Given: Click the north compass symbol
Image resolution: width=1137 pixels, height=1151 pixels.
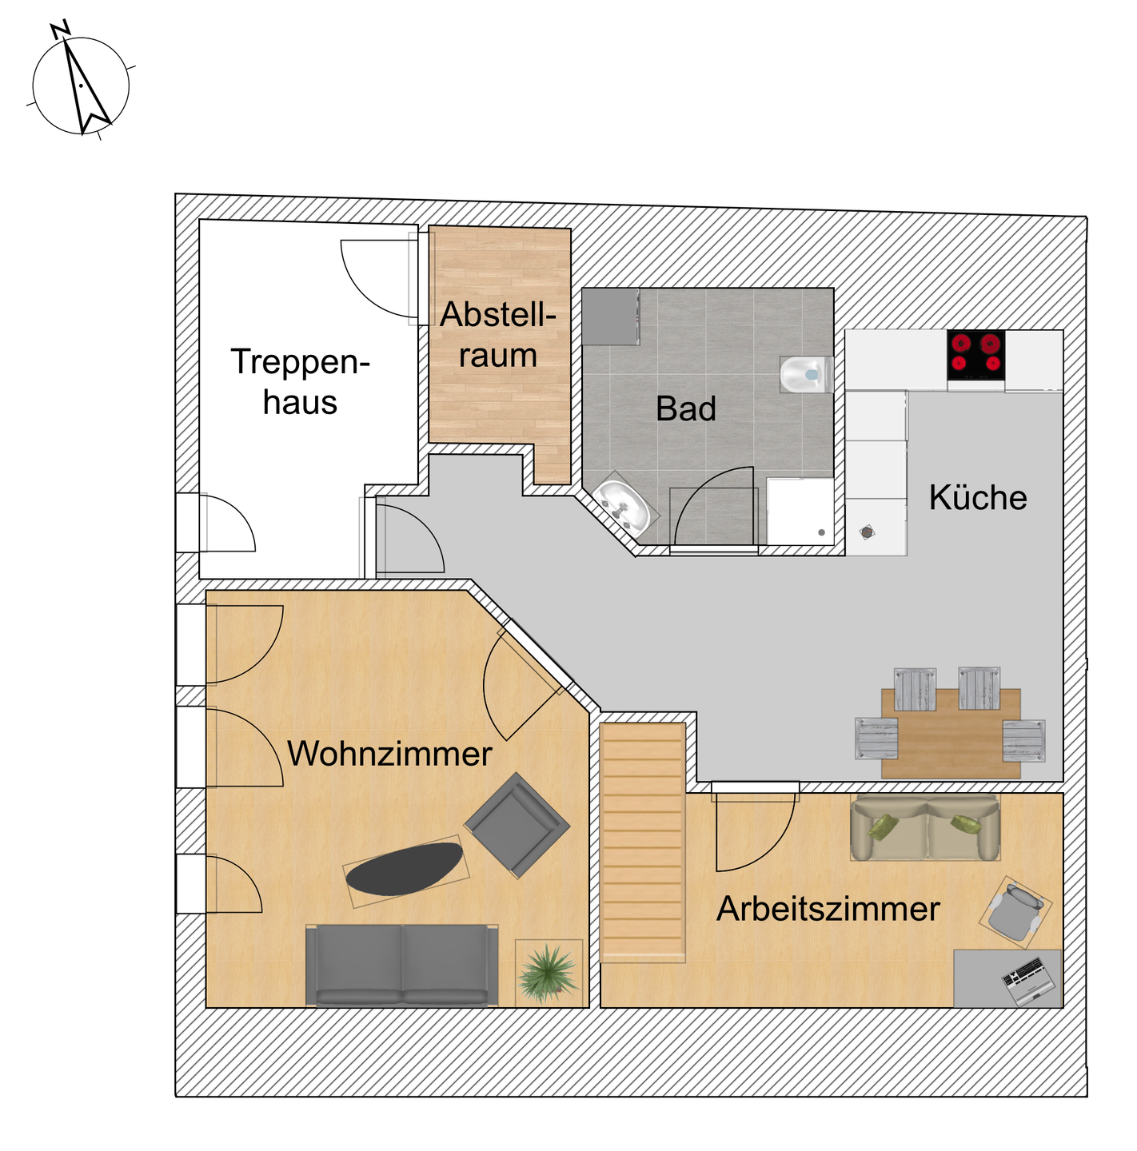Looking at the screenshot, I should click(x=80, y=84).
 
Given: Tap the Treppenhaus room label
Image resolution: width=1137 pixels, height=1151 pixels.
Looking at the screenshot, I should click(x=300, y=382).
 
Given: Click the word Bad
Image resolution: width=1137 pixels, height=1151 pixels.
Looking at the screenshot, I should click(x=685, y=409).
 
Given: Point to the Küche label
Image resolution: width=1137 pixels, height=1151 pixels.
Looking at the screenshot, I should click(x=977, y=498).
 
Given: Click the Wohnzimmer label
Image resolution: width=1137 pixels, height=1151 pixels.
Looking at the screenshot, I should click(x=389, y=754).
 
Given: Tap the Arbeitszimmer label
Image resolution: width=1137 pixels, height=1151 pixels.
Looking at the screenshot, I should click(x=828, y=909).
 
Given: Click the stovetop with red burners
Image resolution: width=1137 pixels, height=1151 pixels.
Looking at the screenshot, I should click(x=975, y=355).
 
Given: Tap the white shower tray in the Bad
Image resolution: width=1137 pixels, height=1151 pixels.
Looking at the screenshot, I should click(x=799, y=512).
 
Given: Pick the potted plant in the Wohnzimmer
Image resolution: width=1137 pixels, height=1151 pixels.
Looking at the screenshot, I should click(x=548, y=972).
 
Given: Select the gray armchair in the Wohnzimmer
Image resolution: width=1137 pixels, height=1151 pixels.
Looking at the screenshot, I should click(x=517, y=824).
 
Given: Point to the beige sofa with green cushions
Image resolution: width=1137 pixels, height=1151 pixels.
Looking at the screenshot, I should click(x=925, y=828).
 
